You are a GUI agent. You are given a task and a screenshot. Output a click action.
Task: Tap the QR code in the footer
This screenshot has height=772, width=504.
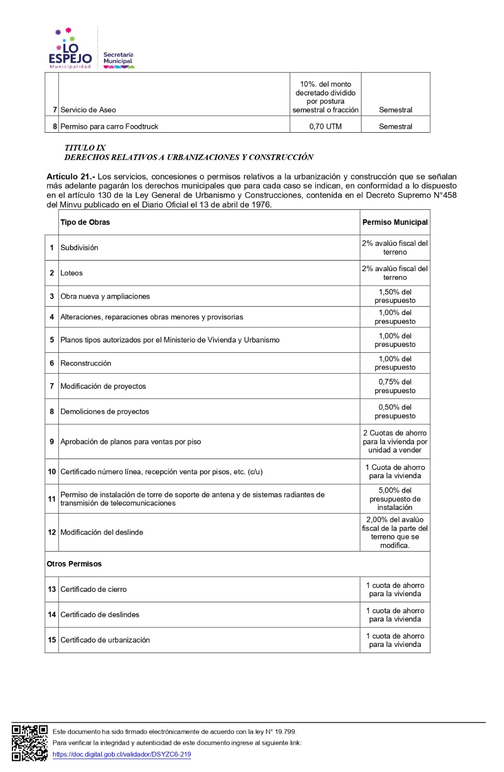pyautogui.click(x=29, y=743)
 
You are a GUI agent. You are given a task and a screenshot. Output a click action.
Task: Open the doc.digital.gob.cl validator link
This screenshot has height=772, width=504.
pyautogui.click(x=121, y=754)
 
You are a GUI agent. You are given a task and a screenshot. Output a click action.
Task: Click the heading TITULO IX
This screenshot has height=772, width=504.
pyautogui.click(x=85, y=148)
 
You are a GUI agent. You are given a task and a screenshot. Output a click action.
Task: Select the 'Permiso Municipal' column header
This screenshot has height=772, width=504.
pyautogui.click(x=395, y=222)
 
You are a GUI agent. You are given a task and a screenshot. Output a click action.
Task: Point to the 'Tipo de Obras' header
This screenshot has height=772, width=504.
pyautogui.click(x=85, y=222)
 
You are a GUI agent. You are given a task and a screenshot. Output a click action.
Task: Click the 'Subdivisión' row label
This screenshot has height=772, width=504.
pyautogui.click(x=79, y=248)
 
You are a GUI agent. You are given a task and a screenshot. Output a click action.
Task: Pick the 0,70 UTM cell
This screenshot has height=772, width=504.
pyautogui.click(x=325, y=126)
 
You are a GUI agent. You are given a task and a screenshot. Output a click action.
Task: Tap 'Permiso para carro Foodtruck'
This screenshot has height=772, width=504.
pyautogui.click(x=109, y=126)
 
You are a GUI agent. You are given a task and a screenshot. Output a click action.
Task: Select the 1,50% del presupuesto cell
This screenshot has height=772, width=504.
pyautogui.click(x=395, y=296)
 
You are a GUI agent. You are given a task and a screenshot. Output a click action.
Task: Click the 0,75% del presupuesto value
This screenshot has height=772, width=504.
pyautogui.click(x=395, y=386)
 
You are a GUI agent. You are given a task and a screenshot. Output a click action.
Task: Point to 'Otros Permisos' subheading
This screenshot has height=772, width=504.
pyautogui.click(x=74, y=564)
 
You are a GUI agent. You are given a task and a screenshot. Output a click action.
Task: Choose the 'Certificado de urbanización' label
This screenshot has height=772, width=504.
pyautogui.click(x=105, y=640)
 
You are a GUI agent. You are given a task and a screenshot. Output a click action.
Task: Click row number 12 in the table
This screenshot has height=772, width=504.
pyautogui.click(x=52, y=532)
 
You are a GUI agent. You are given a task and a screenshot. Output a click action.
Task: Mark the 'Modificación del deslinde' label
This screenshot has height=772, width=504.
pyautogui.click(x=102, y=532)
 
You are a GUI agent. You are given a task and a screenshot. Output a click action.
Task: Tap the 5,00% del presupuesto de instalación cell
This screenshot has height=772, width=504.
pyautogui.click(x=395, y=498)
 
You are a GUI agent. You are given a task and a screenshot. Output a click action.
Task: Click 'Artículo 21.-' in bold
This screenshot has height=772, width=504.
pyautogui.click(x=71, y=177)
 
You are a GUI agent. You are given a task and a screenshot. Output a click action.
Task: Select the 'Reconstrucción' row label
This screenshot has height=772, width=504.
pyautogui.click(x=86, y=363)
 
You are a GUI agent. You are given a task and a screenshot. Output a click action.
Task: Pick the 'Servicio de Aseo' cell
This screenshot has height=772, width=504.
pyautogui.click(x=88, y=110)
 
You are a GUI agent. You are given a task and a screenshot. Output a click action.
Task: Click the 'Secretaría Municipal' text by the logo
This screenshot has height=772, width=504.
pyautogui.click(x=118, y=58)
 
